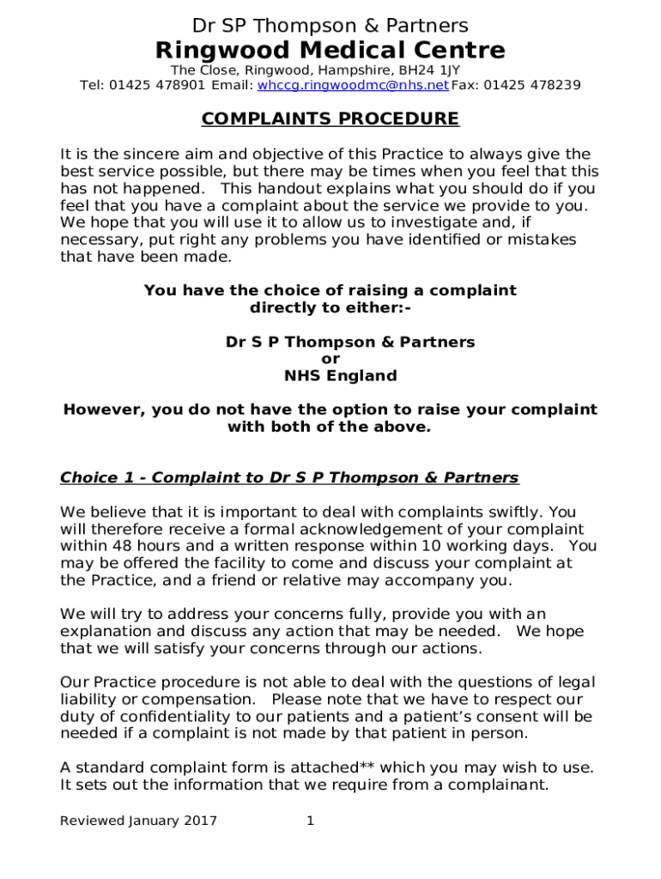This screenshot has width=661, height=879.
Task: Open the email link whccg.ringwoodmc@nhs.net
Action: pyautogui.click(x=353, y=85)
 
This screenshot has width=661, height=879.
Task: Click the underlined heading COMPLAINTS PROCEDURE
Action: pyautogui.click(x=330, y=119)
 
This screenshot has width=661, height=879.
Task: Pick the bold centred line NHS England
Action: pyautogui.click(x=341, y=376)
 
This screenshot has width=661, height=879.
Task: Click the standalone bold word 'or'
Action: pyautogui.click(x=330, y=359)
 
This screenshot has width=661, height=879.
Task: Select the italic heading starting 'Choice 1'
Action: pyautogui.click(x=289, y=477)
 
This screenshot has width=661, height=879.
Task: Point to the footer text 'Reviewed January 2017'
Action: pyautogui.click(x=138, y=821)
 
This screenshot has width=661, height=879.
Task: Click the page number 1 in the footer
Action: pyautogui.click(x=311, y=821)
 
